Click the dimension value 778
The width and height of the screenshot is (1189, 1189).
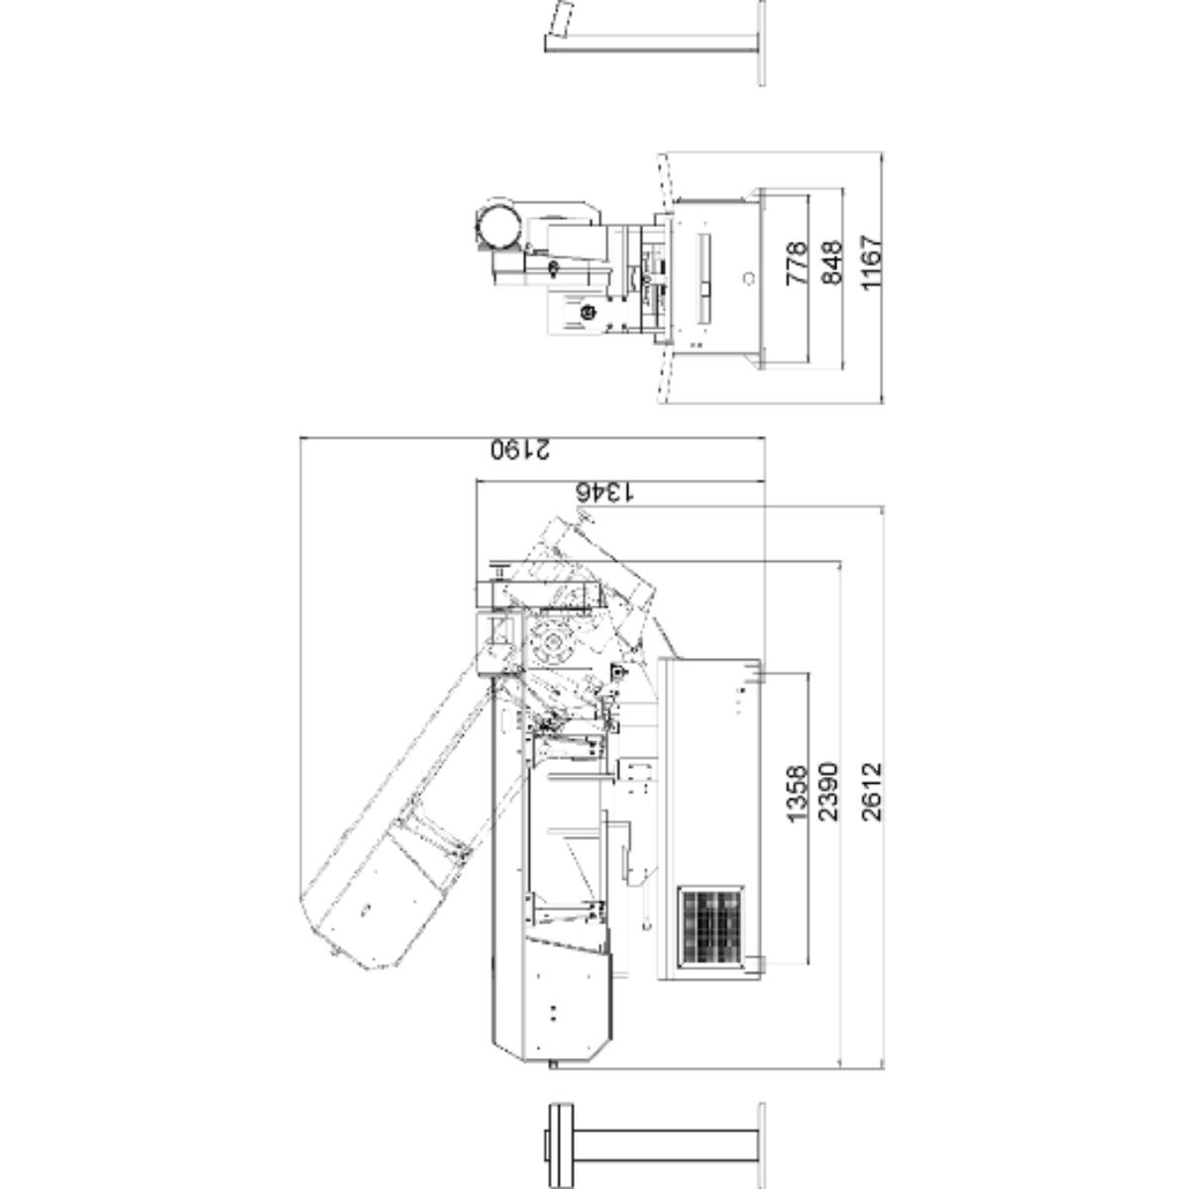coord(796,263)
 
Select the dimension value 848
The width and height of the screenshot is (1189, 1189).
coord(832,263)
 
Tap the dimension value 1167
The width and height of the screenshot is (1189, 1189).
coord(872,262)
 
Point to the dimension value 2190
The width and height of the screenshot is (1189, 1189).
coord(520,449)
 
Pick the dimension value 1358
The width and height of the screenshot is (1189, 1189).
coord(797,794)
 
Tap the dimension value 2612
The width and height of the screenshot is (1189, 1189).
coord(872,792)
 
